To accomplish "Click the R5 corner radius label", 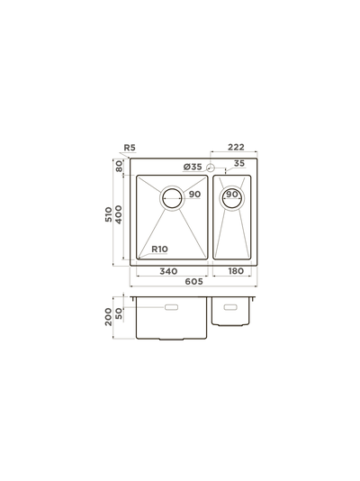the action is click(130, 148).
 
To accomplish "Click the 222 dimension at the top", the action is click(236, 147).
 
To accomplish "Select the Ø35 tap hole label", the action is click(193, 167).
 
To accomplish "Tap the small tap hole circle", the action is click(211, 168).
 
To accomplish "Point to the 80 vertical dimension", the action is click(119, 167).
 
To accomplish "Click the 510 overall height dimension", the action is click(109, 214).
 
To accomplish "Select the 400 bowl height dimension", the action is click(118, 214).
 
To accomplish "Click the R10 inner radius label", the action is click(159, 250).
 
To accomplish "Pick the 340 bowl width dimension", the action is click(168, 271).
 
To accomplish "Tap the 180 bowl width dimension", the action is click(236, 271).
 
